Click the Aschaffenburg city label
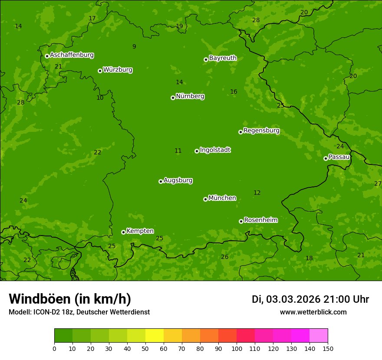(72, 55)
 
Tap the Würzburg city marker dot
(100, 71)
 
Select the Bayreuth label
(223, 58)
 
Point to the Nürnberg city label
(190, 96)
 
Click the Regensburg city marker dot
(240, 132)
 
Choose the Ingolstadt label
(215, 150)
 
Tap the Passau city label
(339, 157)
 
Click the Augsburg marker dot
(161, 181)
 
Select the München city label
(222, 198)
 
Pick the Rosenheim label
(260, 220)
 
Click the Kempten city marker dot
(123, 232)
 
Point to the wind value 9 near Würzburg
(134, 47)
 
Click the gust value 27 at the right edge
(378, 183)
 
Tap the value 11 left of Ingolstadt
(178, 151)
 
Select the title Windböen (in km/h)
(70, 299)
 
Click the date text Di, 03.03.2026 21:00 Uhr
(310, 299)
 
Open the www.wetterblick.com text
(313, 312)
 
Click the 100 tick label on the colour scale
(237, 348)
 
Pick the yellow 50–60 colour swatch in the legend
(155, 336)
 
